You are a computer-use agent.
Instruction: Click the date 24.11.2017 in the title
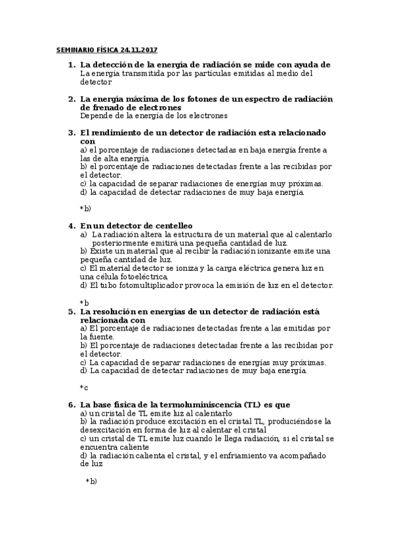[139, 50]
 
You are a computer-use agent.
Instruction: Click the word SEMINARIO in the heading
[76, 50]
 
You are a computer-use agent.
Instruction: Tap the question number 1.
[71, 65]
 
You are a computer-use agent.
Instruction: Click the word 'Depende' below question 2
[96, 115]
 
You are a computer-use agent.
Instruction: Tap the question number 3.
[71, 132]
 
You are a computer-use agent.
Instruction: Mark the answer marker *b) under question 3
[85, 208]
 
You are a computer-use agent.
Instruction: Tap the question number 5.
[71, 311]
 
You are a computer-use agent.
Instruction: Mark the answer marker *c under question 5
[84, 387]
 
